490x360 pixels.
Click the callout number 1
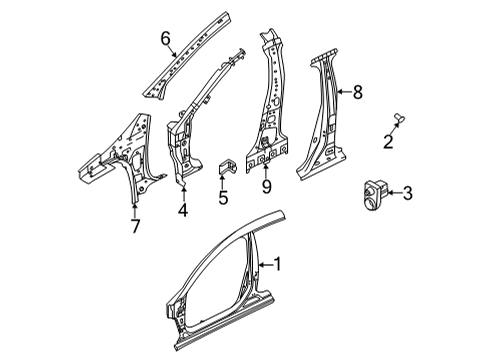click(x=279, y=265)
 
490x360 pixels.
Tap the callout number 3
click(x=407, y=194)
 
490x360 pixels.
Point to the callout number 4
click(x=182, y=209)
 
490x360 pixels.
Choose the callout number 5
click(x=223, y=197)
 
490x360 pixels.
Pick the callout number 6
click(x=167, y=39)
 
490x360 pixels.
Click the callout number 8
click(x=356, y=93)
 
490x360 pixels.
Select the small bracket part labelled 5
click(x=226, y=169)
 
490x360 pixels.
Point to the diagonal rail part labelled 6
click(x=186, y=54)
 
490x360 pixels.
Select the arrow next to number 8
click(x=343, y=93)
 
